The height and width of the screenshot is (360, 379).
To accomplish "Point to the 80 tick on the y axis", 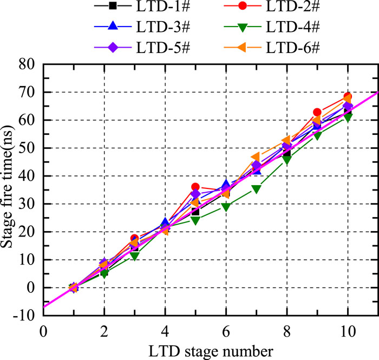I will tap(27, 64).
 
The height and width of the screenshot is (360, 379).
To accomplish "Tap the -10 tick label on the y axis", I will tap(25, 315).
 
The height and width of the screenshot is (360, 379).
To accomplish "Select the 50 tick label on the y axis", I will tap(27, 148).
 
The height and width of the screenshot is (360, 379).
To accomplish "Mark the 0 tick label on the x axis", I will tap(43, 329).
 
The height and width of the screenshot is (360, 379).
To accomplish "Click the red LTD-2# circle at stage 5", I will tap(195, 187).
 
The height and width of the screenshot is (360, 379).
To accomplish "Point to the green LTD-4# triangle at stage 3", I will tap(134, 256).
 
